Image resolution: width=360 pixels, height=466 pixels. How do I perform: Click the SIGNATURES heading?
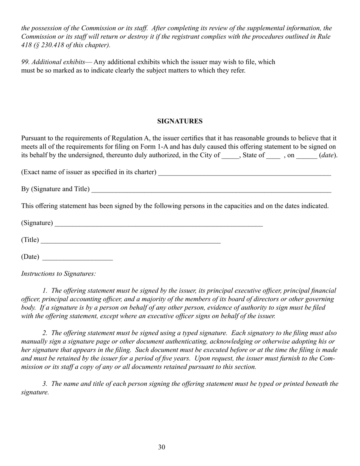point(180,121)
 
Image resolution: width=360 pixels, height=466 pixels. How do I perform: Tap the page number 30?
point(162,447)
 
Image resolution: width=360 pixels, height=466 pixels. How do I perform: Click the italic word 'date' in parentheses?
point(328,155)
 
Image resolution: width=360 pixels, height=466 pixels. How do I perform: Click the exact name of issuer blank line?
point(244,173)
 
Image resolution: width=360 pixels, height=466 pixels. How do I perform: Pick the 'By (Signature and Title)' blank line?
point(211,190)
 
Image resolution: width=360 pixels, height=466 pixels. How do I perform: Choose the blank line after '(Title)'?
point(130,241)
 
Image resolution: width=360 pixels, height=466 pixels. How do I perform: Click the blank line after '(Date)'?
point(78,258)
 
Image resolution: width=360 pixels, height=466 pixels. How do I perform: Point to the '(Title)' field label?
point(30,240)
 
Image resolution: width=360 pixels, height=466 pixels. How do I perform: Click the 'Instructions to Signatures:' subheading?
point(58,274)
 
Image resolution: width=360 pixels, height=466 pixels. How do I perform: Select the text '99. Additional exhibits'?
point(53,62)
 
